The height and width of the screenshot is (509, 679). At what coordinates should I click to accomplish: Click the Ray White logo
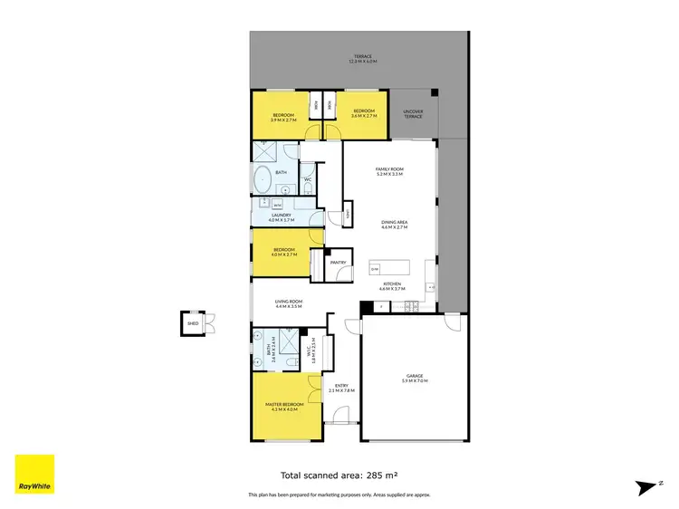34,475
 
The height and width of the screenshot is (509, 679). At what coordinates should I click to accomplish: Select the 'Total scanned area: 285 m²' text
339,474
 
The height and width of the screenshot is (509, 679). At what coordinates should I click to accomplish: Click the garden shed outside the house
193,322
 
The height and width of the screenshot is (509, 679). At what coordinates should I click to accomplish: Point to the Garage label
415,378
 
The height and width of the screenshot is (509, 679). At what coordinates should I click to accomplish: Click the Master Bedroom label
284,406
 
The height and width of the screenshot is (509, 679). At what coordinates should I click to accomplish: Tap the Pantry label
338,263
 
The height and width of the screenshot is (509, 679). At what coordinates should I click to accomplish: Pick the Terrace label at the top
362,59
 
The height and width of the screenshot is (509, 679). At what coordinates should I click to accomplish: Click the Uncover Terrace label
414,114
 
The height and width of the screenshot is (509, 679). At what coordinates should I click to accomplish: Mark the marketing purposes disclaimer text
339,495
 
